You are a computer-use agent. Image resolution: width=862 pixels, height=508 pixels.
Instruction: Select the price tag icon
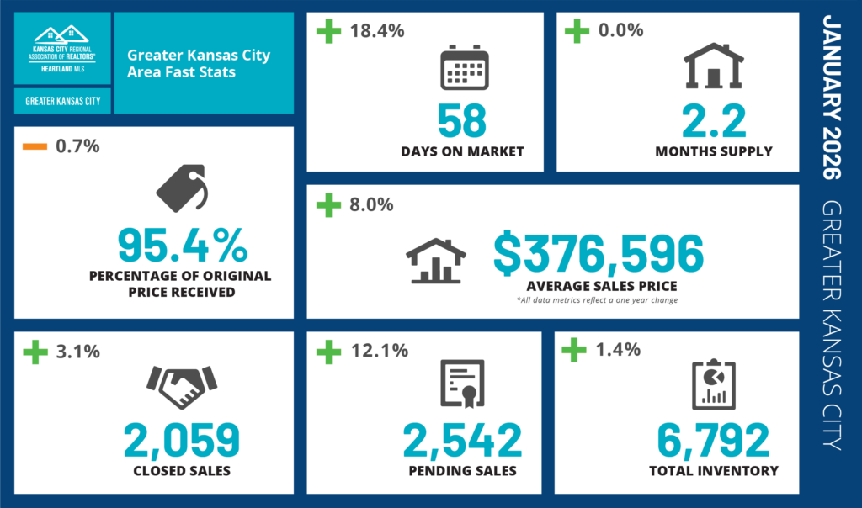[181, 188]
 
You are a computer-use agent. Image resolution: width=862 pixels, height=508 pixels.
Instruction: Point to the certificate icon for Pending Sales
[463, 383]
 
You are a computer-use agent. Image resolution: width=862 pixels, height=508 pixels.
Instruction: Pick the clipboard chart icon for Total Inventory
[713, 384]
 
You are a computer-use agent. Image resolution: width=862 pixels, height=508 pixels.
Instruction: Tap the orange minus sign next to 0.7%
[35, 146]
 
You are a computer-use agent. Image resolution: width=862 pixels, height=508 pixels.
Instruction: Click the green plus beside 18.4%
[327, 31]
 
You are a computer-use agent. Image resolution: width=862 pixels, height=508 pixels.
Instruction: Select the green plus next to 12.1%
[327, 351]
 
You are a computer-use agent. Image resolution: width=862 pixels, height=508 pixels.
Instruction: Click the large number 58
[462, 120]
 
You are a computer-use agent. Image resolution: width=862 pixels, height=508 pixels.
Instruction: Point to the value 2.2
[714, 120]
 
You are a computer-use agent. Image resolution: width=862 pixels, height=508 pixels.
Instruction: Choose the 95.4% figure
[182, 245]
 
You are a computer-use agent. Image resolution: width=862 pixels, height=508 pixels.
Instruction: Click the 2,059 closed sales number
[182, 440]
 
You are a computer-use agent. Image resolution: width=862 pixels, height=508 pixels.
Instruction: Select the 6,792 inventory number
[713, 440]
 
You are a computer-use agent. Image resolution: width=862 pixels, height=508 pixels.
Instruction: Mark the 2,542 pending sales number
[462, 440]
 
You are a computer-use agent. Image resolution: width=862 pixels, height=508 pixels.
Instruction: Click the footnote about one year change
[598, 300]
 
